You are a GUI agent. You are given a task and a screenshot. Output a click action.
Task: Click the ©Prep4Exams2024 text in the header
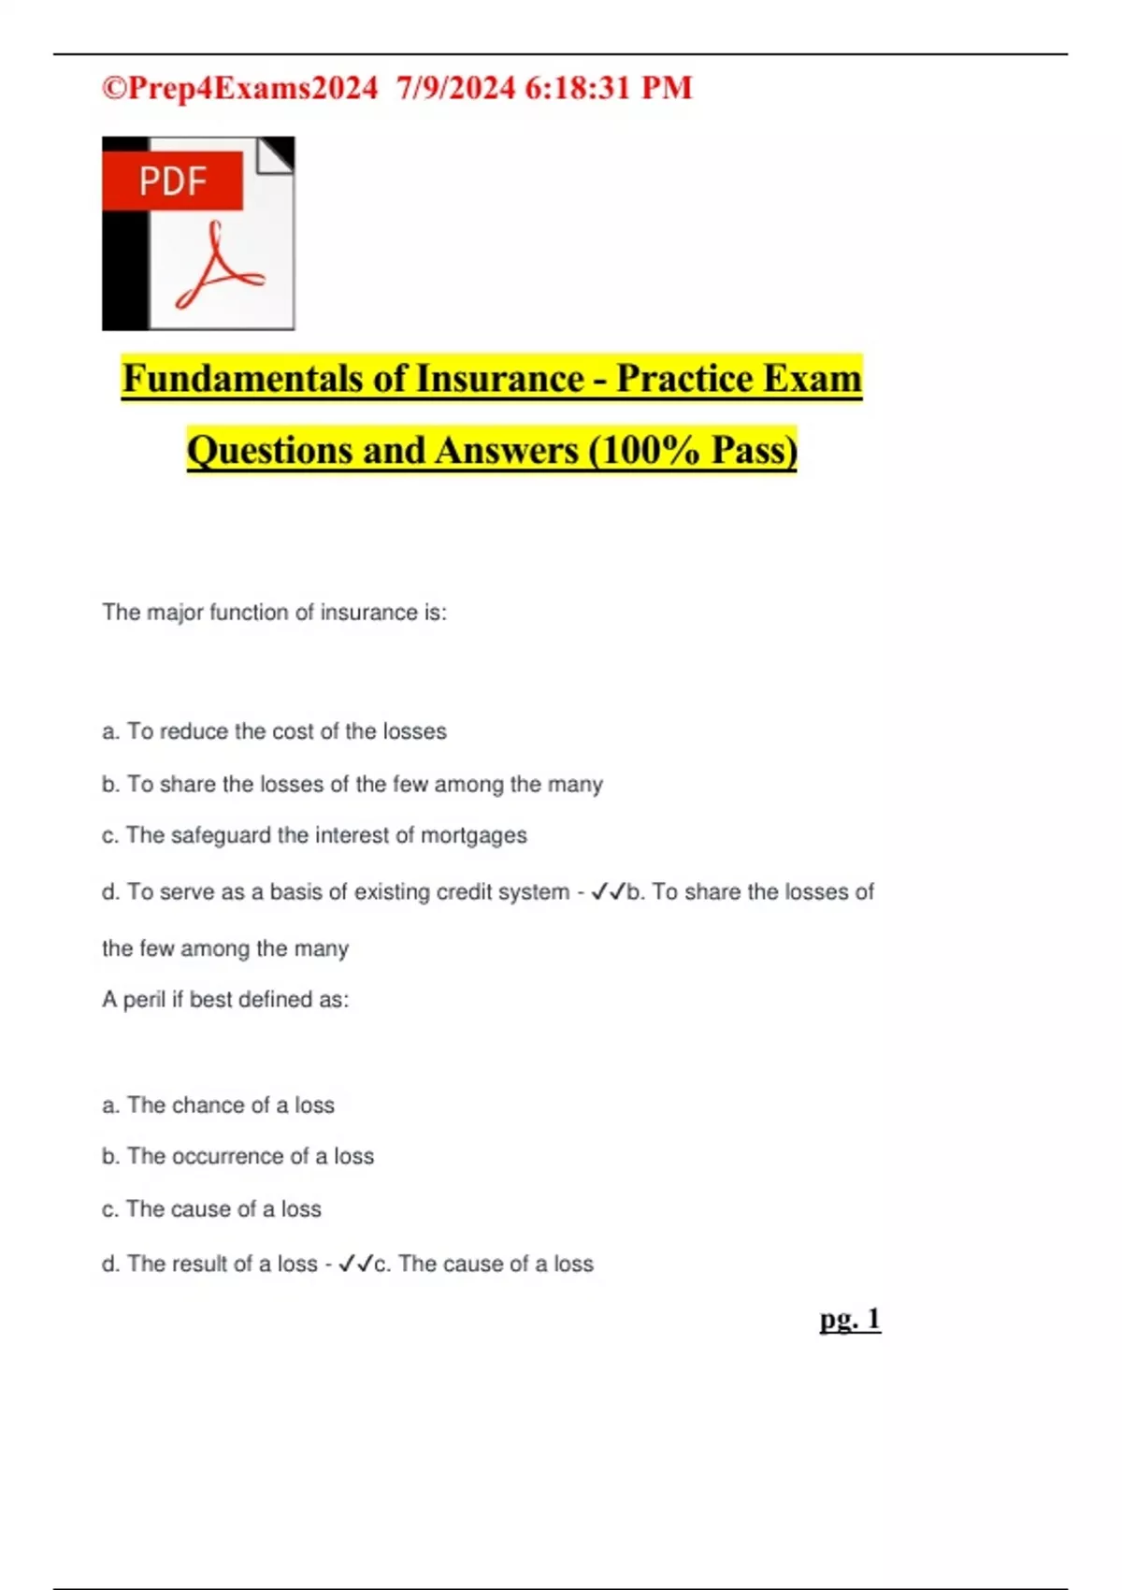[x=239, y=88]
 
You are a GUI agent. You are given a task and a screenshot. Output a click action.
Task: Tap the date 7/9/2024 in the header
[x=455, y=88]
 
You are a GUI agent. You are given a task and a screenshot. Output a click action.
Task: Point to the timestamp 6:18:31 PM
[x=609, y=88]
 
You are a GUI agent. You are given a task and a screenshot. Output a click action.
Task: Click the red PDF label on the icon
[x=173, y=181]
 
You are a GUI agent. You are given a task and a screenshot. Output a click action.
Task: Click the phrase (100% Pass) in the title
[x=692, y=451]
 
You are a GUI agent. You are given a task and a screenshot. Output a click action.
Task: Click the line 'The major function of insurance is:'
[x=274, y=613]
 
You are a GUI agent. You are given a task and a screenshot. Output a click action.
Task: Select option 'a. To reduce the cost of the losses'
[x=274, y=731]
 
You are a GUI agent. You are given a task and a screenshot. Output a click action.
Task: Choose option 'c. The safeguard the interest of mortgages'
[x=314, y=835]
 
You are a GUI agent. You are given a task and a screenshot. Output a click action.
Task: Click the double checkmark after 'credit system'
[x=608, y=892]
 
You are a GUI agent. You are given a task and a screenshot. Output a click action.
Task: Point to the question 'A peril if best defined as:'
[x=225, y=1000]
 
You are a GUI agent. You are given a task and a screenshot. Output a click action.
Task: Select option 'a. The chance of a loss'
[x=218, y=1106]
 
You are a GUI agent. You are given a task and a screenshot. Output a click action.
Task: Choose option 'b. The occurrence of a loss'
[x=237, y=1157]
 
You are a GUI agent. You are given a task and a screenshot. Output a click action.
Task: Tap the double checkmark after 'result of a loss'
[x=355, y=1265]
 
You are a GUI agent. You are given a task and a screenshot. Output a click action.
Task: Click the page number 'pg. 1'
[x=850, y=1319]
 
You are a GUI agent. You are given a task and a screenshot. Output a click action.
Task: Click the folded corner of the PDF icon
[x=276, y=154]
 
